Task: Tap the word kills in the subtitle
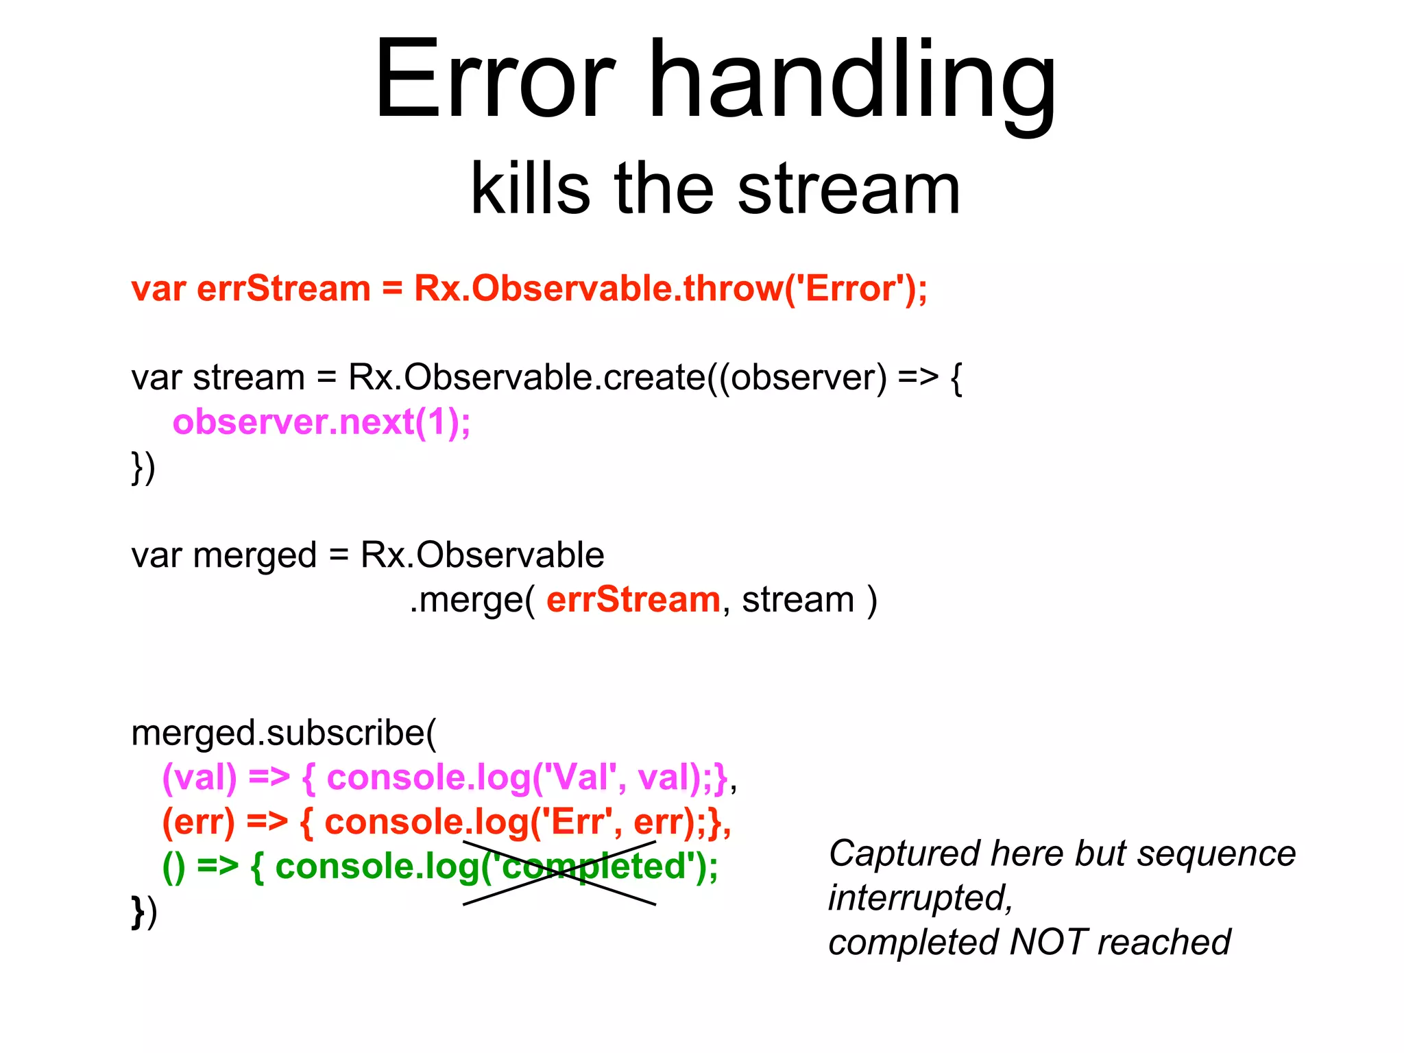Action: pos(529,189)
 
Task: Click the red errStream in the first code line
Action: pos(283,289)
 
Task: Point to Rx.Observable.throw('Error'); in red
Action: pos(670,289)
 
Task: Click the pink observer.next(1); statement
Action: pos(322,422)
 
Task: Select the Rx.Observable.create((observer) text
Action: pos(617,378)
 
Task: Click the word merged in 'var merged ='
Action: pos(254,555)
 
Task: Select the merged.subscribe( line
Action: pos(283,734)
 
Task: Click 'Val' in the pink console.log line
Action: pos(579,778)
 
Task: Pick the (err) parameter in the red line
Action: pos(198,822)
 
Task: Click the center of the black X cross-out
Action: pos(559,873)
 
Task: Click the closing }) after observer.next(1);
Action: pos(143,468)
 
